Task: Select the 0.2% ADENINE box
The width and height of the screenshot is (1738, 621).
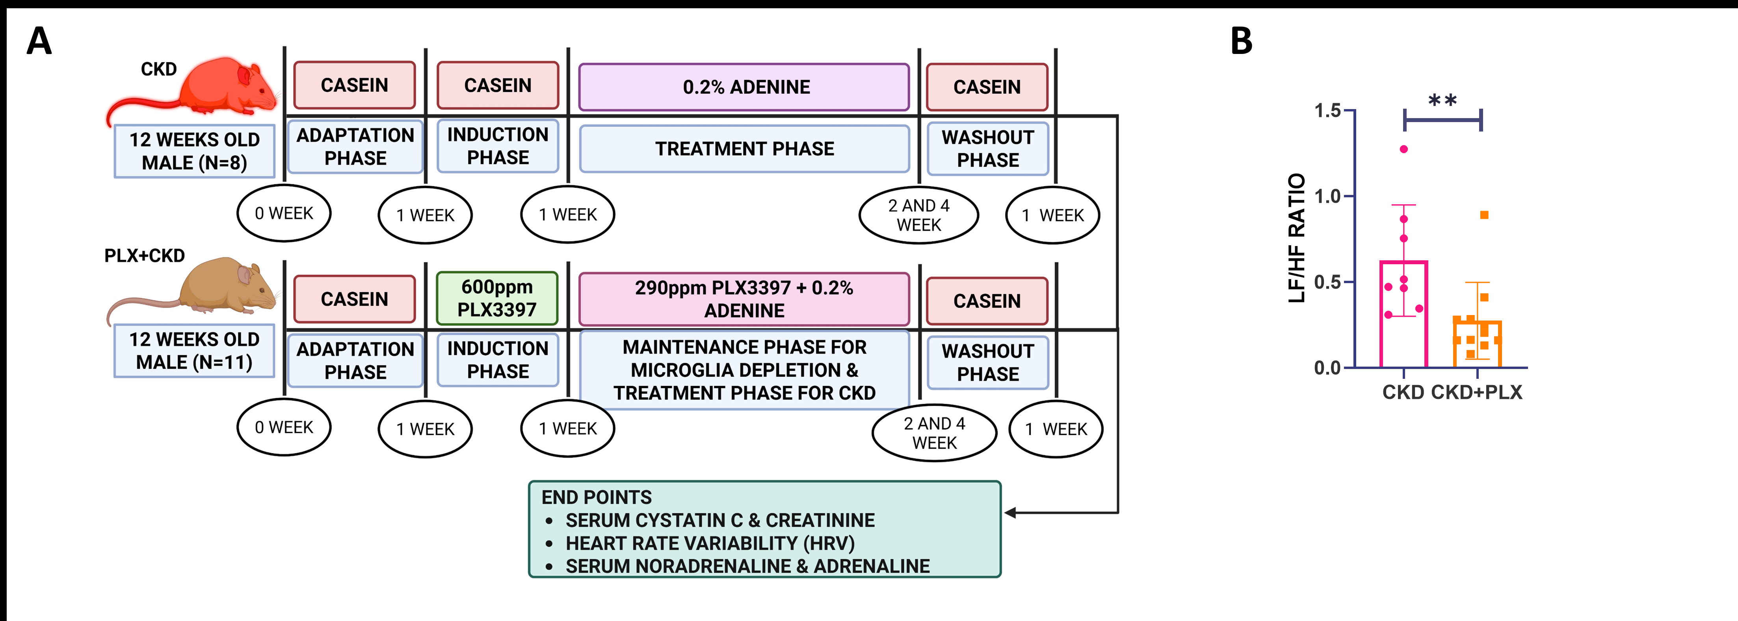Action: (744, 87)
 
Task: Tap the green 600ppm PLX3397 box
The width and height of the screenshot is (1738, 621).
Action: (497, 298)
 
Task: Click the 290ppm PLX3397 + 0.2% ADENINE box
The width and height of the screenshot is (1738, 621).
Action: (744, 299)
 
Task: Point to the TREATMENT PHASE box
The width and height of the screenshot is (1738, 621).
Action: (744, 148)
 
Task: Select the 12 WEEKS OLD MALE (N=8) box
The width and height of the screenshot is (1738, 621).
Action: (194, 151)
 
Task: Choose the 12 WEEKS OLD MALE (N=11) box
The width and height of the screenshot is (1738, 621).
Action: (194, 350)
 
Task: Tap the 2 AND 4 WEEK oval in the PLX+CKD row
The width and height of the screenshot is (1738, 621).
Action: (935, 433)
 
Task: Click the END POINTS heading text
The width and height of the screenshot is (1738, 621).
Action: (597, 498)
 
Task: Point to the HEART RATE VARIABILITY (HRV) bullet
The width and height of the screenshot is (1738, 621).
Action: (710, 543)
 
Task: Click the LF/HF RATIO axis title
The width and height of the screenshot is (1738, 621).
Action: (1297, 238)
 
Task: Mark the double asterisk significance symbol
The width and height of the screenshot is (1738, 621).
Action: (1442, 101)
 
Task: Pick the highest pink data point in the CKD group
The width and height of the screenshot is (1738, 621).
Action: (1404, 149)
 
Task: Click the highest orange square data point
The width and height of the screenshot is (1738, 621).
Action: (1484, 215)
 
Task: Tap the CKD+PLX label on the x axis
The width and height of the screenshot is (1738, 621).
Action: (1477, 393)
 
